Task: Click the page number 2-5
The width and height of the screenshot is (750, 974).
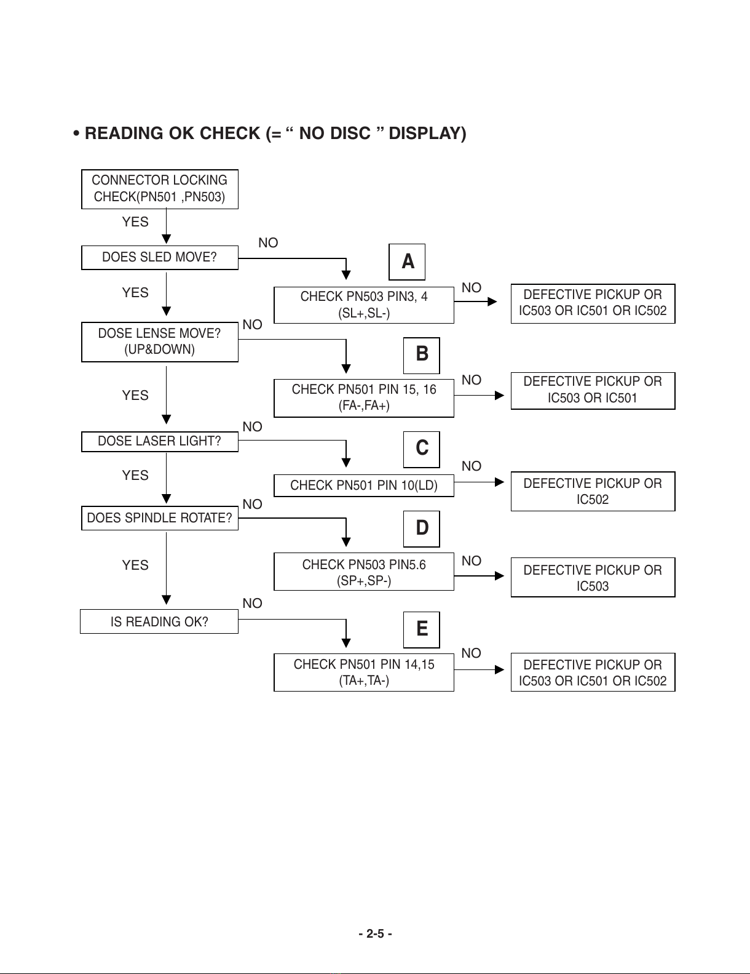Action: (375, 933)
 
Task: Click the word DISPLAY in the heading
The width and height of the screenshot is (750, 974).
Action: (427, 133)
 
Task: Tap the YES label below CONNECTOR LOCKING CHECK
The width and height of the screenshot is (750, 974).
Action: (135, 222)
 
